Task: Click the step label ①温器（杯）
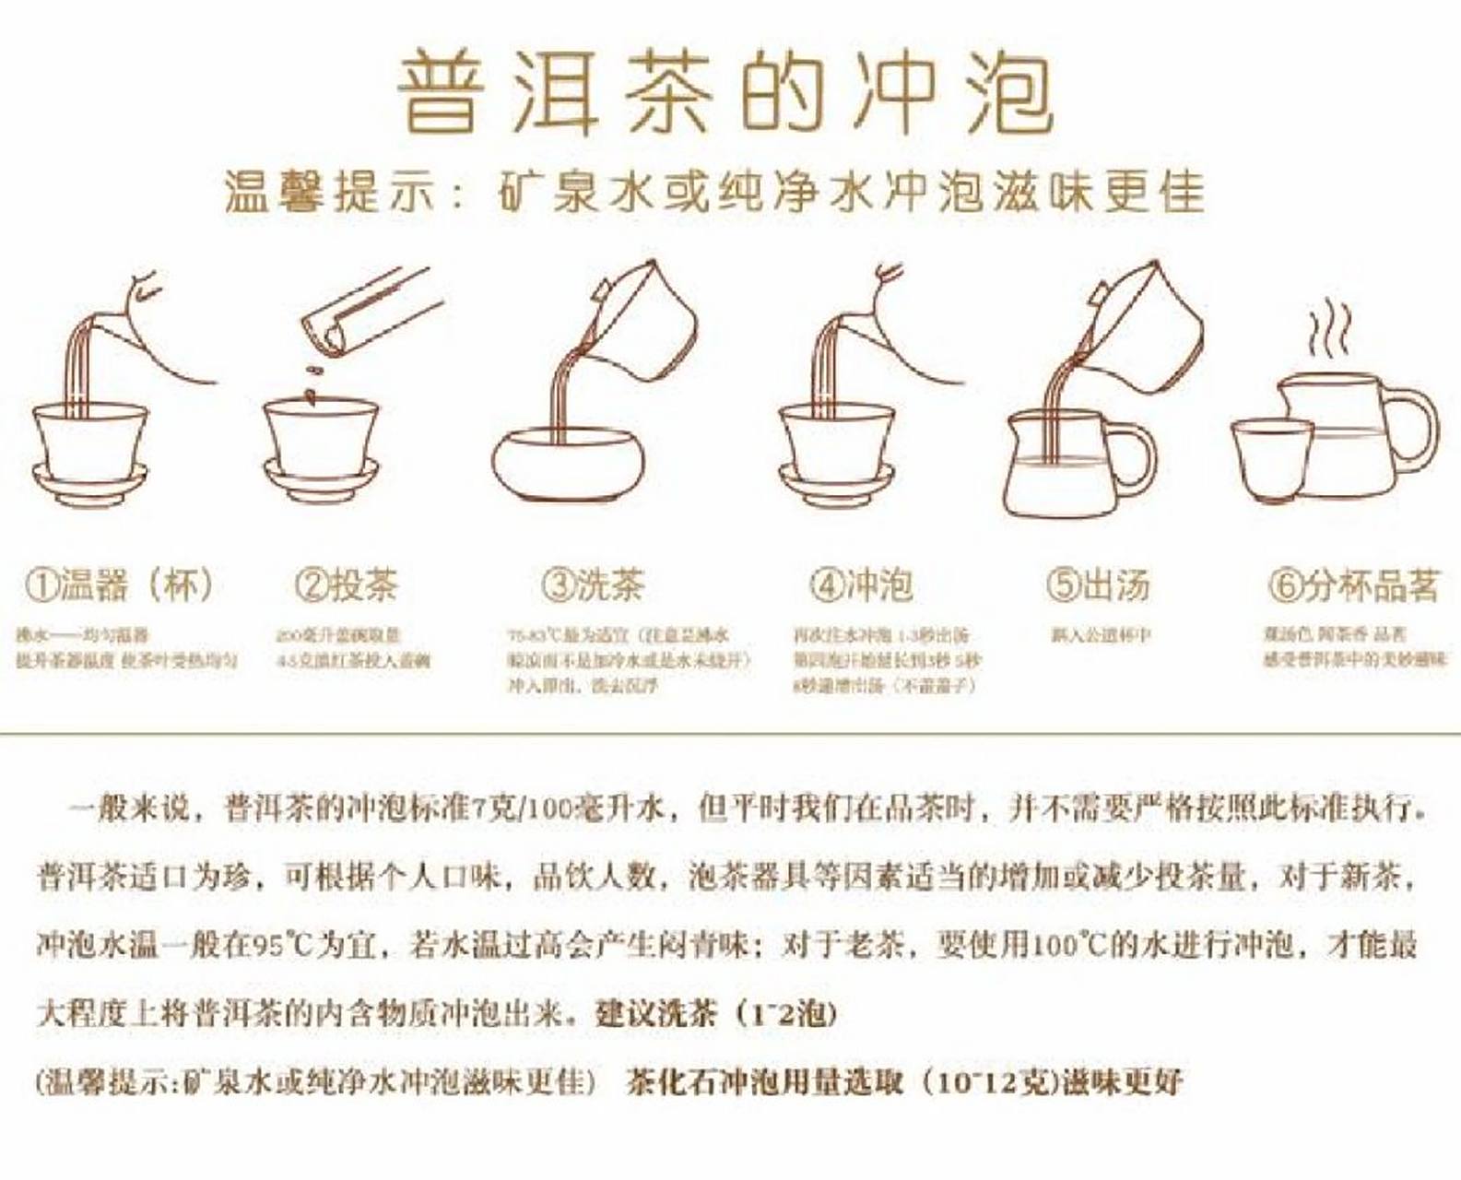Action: click(x=120, y=584)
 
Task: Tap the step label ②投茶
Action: click(x=348, y=584)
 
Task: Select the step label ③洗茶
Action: click(x=594, y=584)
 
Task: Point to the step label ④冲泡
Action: click(x=862, y=584)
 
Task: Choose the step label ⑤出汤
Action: click(x=1098, y=584)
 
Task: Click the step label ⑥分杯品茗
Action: click(x=1353, y=584)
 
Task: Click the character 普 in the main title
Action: click(x=442, y=93)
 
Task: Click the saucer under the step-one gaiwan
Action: click(x=89, y=484)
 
